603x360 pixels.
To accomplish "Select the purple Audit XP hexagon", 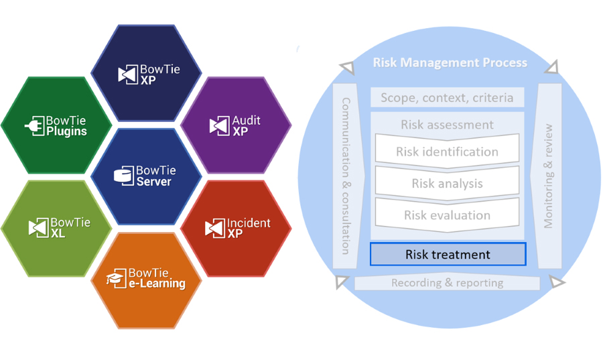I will coord(236,125).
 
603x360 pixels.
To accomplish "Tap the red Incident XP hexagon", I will coord(236,228).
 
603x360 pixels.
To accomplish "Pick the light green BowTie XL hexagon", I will coord(56,228).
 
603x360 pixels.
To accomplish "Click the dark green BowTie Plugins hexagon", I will coord(56,125).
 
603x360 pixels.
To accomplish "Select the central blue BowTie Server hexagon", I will coord(146,176).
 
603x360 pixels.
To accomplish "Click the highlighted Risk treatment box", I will coord(448,255).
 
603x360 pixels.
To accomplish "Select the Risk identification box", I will coord(447,152).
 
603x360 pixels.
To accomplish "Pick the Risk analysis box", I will coord(447,183).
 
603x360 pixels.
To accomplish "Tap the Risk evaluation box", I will coord(447,215).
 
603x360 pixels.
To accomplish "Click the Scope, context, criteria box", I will coord(447,98).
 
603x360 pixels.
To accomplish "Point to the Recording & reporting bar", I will coord(447,283).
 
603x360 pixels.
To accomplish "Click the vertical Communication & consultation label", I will coord(346,176).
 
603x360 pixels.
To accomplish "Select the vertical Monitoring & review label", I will coord(549,176).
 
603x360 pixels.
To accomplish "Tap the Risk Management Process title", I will coord(450,63).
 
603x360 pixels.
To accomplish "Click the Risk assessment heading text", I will coord(447,125).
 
